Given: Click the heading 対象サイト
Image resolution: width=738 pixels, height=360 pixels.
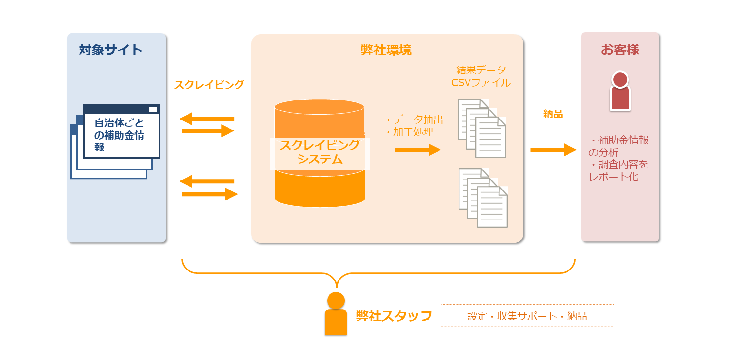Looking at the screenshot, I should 110,50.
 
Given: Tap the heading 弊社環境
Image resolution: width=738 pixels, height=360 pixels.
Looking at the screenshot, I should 386,50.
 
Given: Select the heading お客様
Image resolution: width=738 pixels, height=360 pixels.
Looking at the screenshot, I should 619,50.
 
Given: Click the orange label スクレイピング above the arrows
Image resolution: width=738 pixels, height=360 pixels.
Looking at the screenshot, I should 209,85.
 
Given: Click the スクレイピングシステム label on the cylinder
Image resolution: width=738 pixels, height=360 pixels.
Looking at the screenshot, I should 319,152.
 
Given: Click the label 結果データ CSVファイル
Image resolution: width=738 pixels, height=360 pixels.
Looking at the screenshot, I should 480,76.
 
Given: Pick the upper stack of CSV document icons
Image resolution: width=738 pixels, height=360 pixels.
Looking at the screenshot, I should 481,128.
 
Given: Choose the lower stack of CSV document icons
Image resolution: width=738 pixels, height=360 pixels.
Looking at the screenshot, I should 482,197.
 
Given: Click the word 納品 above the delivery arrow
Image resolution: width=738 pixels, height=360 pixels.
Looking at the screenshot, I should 553,114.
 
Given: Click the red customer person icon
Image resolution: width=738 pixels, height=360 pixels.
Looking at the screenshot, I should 620,91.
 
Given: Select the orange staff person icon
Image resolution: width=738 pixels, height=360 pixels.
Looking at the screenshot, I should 336,314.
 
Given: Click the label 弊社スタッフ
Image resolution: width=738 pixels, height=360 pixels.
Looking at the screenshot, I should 394,316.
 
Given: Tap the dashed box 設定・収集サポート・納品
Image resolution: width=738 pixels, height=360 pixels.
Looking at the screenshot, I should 527,316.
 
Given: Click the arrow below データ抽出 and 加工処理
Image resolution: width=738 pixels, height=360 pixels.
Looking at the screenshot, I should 418,150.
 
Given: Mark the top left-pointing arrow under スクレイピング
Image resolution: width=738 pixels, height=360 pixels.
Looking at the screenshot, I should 207,119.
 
